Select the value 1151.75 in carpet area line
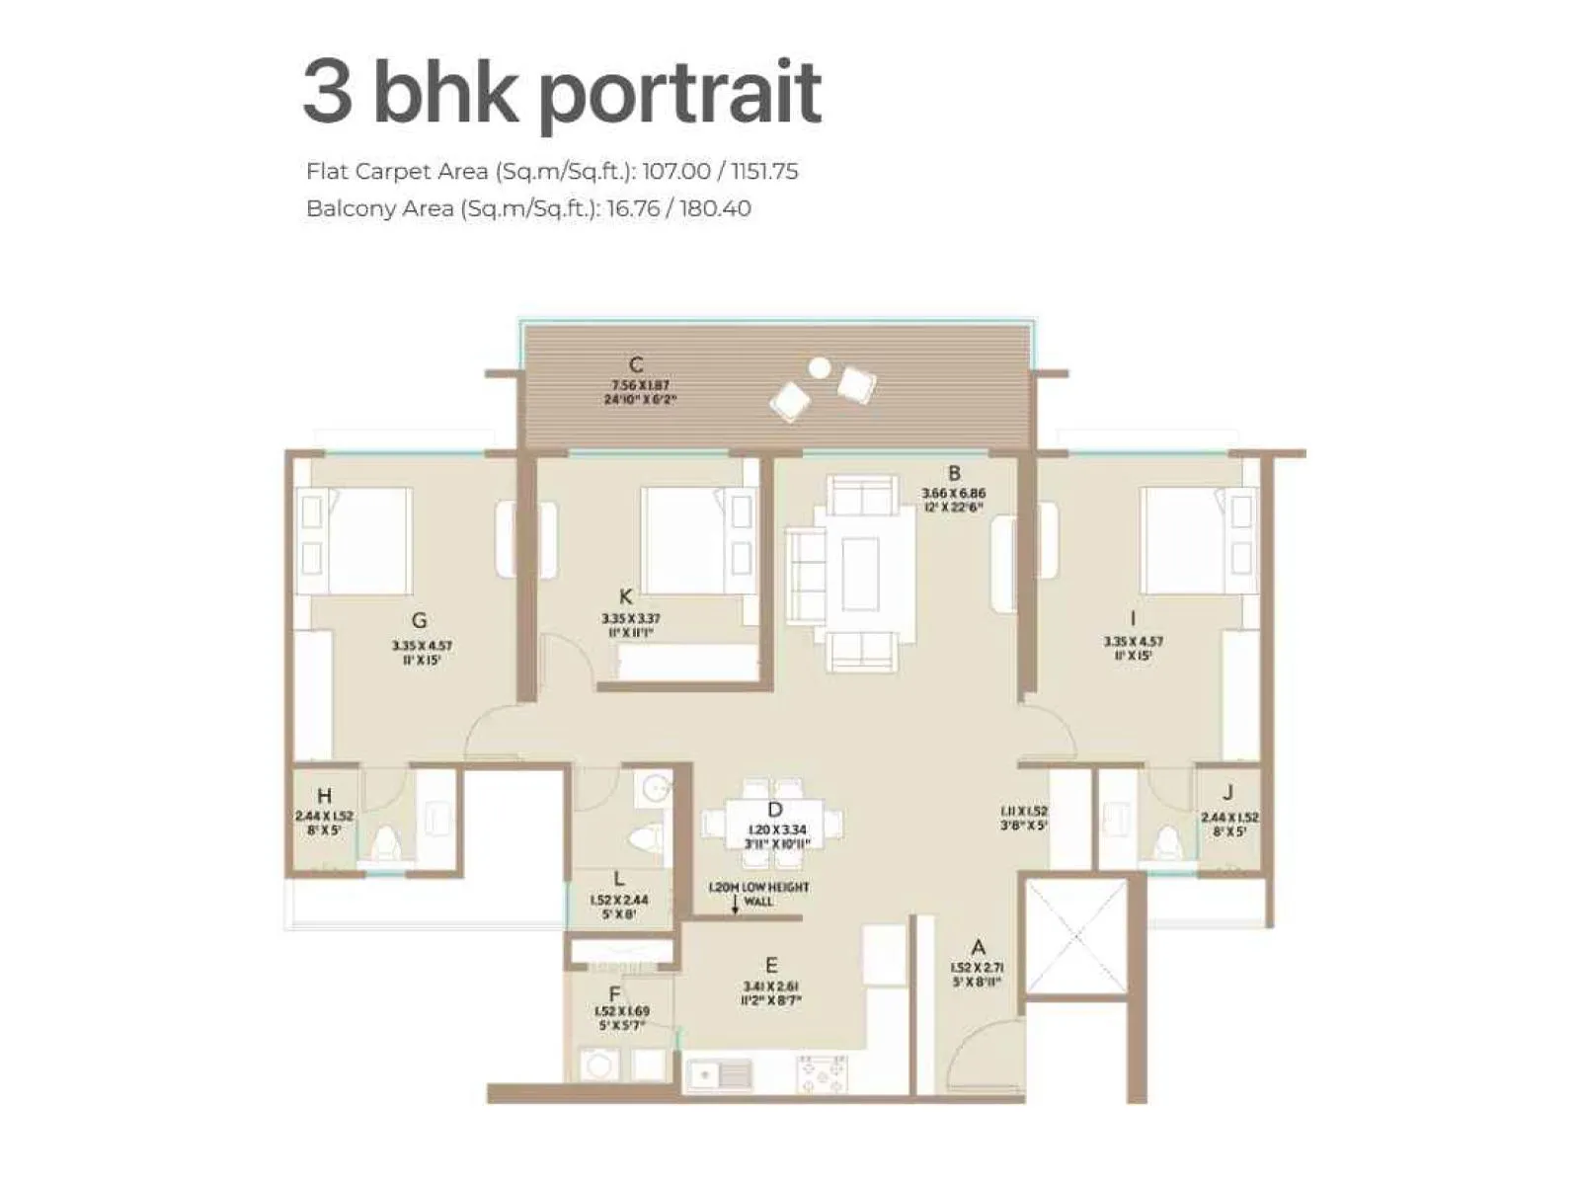763,171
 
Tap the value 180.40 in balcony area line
715,208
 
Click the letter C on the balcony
637,364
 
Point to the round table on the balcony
819,367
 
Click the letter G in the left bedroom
420,621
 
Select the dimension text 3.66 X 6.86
953,493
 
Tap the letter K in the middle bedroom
625,596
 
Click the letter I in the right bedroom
1133,619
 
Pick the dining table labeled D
773,823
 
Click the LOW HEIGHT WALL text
758,894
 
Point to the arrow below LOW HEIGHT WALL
735,908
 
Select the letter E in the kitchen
771,965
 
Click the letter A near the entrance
978,947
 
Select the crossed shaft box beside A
1076,936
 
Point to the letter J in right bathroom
1227,793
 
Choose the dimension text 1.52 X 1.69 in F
622,1012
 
